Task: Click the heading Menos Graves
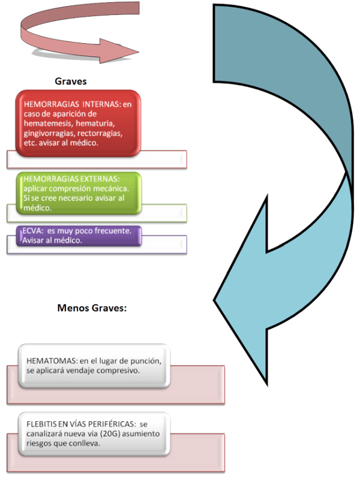point(92,309)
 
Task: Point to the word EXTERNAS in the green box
point(102,179)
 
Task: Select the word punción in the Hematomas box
point(149,360)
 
